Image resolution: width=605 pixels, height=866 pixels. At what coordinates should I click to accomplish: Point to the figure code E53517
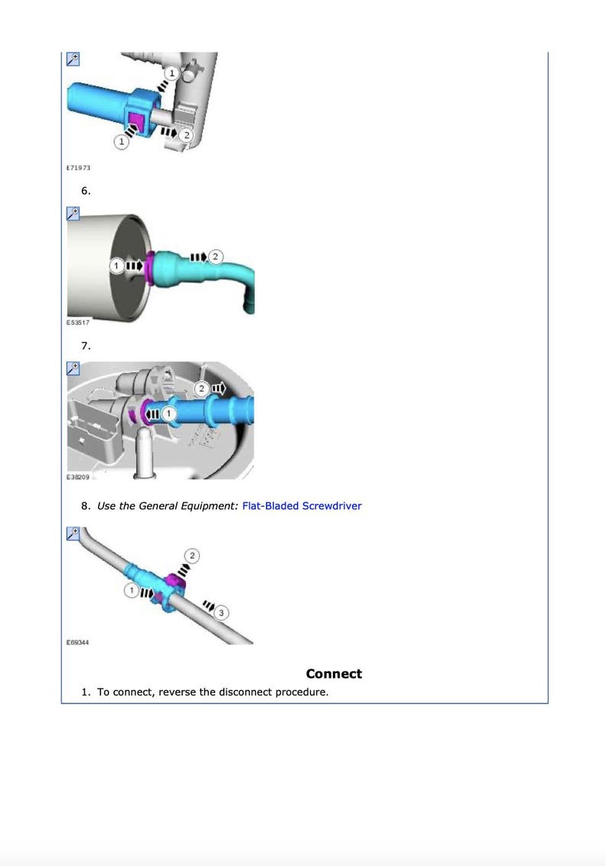78,322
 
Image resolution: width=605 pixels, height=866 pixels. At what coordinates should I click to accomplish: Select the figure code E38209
78,476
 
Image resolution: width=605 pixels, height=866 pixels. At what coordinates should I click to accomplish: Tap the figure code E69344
78,642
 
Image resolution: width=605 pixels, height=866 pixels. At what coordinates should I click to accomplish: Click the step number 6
86,191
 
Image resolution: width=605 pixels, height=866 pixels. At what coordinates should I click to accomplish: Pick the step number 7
86,345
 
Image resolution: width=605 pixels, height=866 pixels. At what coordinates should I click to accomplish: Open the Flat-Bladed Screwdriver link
302,505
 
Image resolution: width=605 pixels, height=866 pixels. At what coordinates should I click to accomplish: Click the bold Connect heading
334,673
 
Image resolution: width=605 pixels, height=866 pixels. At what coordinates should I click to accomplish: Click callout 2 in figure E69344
192,556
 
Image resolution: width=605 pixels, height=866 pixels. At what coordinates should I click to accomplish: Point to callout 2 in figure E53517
216,256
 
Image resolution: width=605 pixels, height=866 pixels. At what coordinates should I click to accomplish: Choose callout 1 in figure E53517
116,266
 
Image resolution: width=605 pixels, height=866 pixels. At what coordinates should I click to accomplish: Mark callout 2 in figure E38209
201,389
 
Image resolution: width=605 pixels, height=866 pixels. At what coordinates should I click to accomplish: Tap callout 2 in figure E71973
187,135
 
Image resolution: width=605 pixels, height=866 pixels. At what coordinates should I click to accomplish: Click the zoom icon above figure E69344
72,534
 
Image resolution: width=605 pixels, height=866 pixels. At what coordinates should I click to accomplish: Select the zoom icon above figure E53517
72,213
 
